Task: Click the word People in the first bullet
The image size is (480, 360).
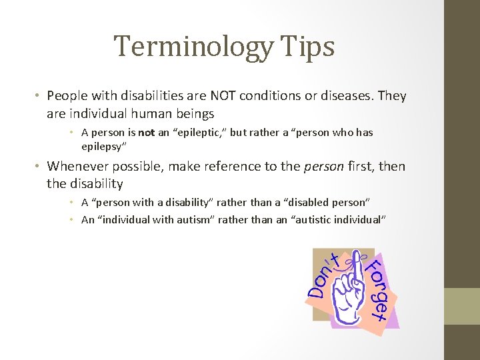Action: tap(68, 96)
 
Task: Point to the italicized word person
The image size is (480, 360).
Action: tap(324, 166)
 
